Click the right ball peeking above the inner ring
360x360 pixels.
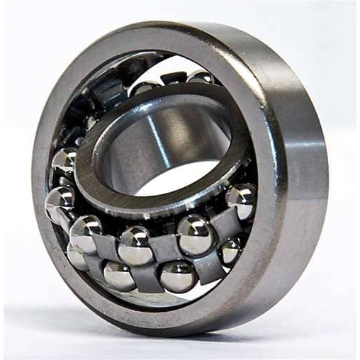[x=199, y=79]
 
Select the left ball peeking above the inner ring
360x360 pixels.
[x=145, y=89]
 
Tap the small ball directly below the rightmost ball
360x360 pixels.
[x=230, y=250]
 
